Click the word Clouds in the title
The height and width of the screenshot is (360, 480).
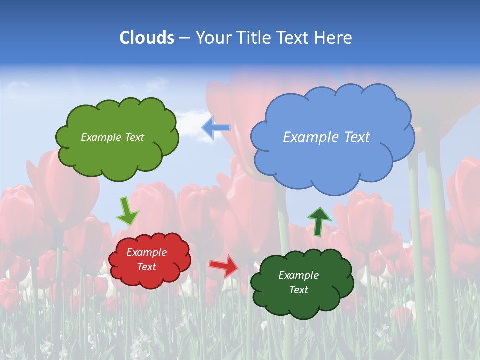click(x=147, y=38)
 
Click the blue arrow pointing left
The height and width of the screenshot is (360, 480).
click(x=216, y=128)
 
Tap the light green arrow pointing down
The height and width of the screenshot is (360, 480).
click(x=127, y=211)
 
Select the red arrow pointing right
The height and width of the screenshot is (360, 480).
click(x=224, y=265)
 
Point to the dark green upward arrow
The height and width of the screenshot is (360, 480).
click(x=318, y=221)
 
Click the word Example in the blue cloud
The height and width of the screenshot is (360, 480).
click(x=307, y=137)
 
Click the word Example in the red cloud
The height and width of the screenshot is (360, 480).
click(x=146, y=252)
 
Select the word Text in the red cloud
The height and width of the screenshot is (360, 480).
click(x=146, y=267)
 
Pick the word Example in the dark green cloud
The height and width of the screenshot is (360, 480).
click(x=298, y=275)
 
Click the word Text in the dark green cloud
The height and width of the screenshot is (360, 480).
click(x=298, y=290)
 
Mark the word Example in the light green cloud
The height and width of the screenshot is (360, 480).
click(x=100, y=137)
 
